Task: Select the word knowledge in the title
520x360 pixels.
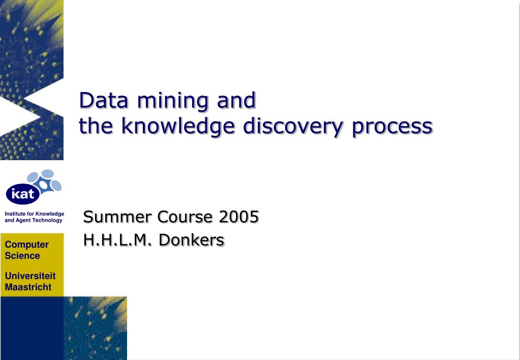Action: click(178, 126)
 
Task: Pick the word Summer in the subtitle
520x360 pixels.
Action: click(117, 217)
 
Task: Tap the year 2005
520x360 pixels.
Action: click(239, 217)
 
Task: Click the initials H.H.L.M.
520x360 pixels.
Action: click(116, 240)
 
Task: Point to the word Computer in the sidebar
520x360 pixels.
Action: click(27, 245)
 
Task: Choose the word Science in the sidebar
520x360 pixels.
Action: click(22, 256)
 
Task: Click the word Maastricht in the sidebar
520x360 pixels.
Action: click(28, 287)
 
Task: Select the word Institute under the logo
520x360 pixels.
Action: click(15, 214)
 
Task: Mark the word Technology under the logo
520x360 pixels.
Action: click(48, 220)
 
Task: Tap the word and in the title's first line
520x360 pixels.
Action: click(236, 101)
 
